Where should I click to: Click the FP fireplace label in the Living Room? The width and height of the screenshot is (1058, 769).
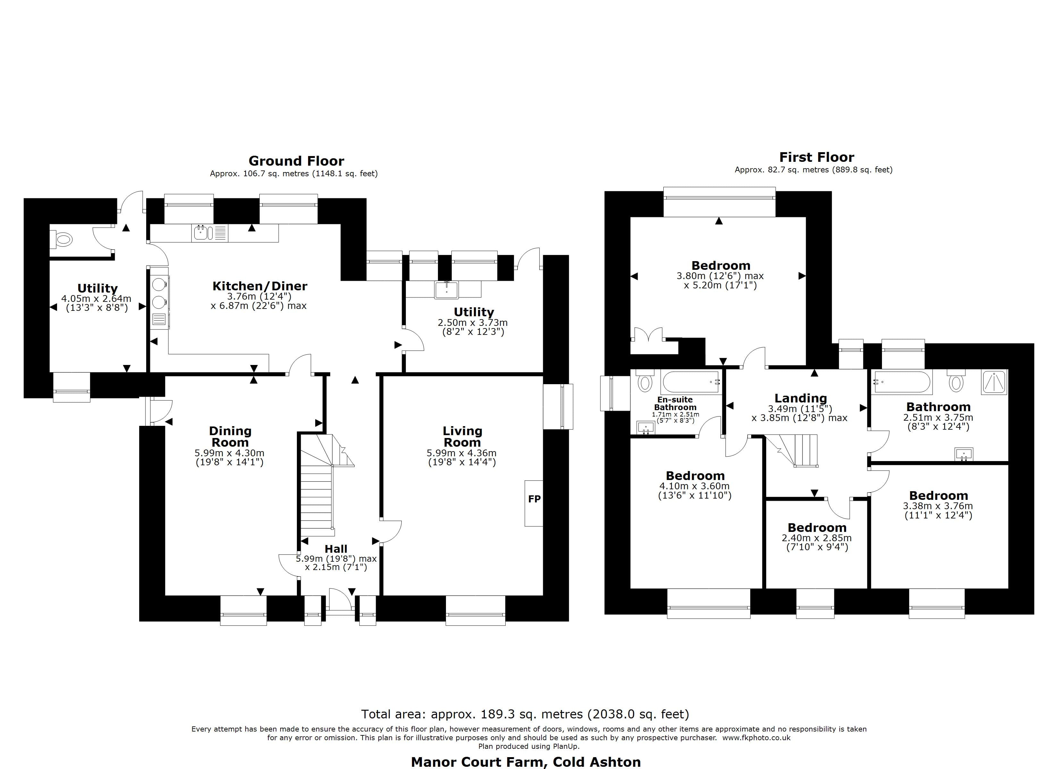534,499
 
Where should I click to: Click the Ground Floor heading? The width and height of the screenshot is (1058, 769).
296,161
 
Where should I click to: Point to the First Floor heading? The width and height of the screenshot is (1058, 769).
816,157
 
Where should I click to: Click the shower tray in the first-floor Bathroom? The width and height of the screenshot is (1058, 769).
995,382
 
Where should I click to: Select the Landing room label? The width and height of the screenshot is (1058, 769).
801,398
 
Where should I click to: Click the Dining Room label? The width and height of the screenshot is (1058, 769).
230,436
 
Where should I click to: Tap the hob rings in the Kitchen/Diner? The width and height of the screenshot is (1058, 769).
159,293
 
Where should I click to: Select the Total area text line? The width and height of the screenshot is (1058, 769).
525,714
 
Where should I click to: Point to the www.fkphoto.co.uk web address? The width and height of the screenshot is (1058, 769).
756,738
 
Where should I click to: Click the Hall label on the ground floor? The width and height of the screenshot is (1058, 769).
336,549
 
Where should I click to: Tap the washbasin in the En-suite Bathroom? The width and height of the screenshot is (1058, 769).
646,427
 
